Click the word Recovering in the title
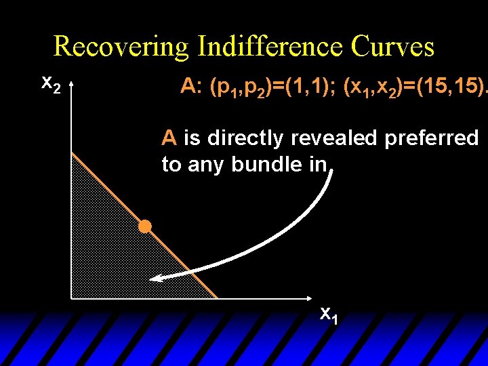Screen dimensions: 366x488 (121, 47)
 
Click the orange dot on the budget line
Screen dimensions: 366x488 (144, 226)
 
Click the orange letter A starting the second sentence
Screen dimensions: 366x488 (169, 138)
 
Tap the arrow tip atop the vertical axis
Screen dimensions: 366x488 (70, 83)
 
